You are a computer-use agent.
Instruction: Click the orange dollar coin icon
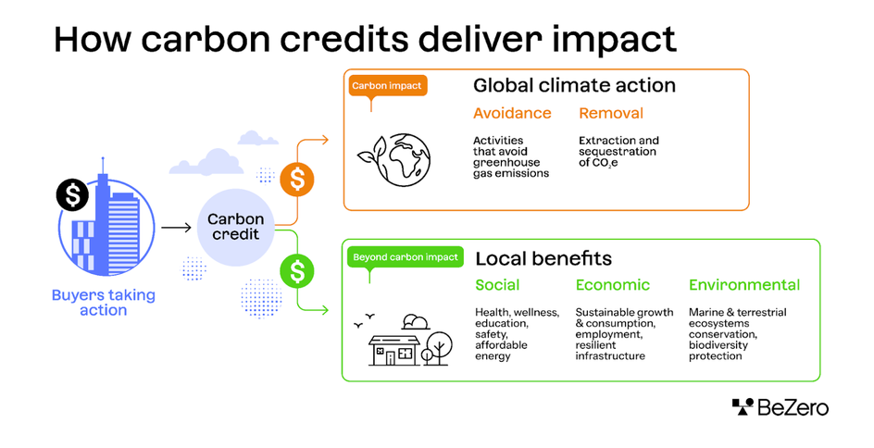point(296,179)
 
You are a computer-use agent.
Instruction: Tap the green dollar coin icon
point(296,271)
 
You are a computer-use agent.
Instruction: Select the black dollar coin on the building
point(72,194)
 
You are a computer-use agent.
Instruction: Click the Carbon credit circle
point(235,227)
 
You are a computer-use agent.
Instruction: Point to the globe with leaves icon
point(393,158)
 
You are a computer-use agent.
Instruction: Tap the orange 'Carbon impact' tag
point(386,86)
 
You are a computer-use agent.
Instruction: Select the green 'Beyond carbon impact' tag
point(405,256)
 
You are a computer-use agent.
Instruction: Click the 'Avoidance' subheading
point(511,114)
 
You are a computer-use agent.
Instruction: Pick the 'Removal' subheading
point(611,114)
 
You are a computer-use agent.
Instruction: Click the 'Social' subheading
point(497,285)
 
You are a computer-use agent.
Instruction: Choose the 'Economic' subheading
point(613,285)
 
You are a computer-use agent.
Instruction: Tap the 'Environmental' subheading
point(744,285)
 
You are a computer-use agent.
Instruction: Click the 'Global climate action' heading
point(574,86)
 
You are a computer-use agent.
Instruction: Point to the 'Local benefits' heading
point(543,258)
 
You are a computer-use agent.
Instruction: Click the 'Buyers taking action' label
point(104,303)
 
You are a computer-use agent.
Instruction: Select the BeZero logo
point(780,407)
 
